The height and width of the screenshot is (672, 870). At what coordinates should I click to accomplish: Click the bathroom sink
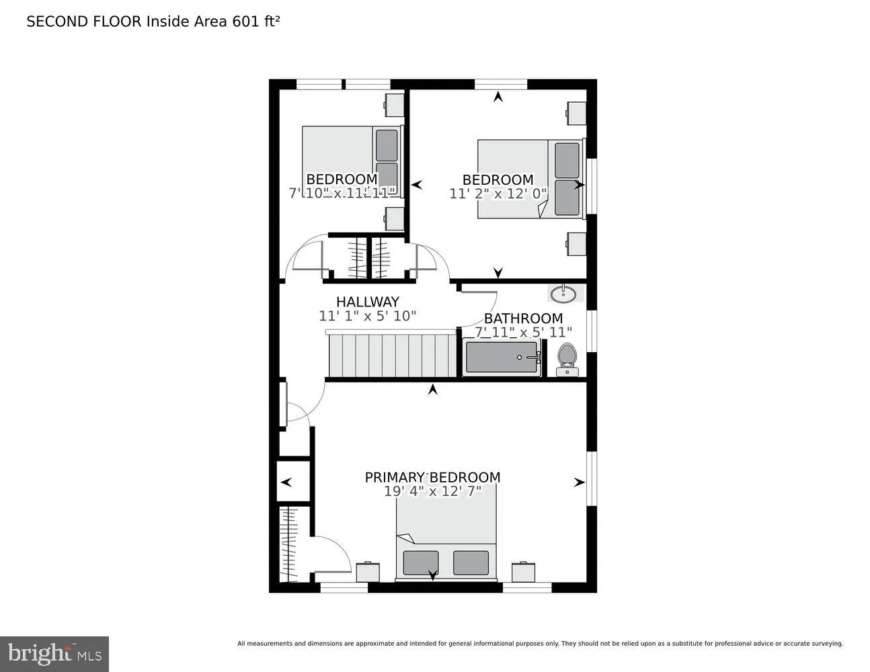(x=562, y=293)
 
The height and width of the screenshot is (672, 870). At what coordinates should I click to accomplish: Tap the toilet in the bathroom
(x=567, y=359)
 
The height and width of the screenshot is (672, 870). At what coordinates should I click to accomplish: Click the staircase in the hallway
(x=393, y=355)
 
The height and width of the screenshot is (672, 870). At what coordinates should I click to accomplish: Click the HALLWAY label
(x=368, y=302)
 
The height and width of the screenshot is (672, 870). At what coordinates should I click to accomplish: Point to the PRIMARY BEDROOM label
(x=432, y=477)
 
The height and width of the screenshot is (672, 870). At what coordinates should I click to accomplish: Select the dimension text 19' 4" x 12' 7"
(x=432, y=491)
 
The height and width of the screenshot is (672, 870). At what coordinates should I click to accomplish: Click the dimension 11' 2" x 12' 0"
(x=498, y=194)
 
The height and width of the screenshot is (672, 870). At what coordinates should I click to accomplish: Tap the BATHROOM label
(x=523, y=318)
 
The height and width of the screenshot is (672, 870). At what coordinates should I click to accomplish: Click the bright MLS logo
(x=54, y=653)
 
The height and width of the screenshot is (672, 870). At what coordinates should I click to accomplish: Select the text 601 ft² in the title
(x=255, y=21)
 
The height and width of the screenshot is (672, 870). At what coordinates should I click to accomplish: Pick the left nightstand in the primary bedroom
(x=368, y=572)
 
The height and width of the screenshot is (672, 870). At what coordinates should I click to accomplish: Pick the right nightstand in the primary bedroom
(x=523, y=572)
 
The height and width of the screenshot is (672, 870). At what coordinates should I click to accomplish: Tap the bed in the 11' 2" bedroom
(x=530, y=178)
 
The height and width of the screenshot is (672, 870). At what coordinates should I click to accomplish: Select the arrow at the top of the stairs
(x=433, y=389)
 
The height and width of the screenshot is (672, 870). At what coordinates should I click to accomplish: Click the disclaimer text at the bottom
(x=540, y=644)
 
